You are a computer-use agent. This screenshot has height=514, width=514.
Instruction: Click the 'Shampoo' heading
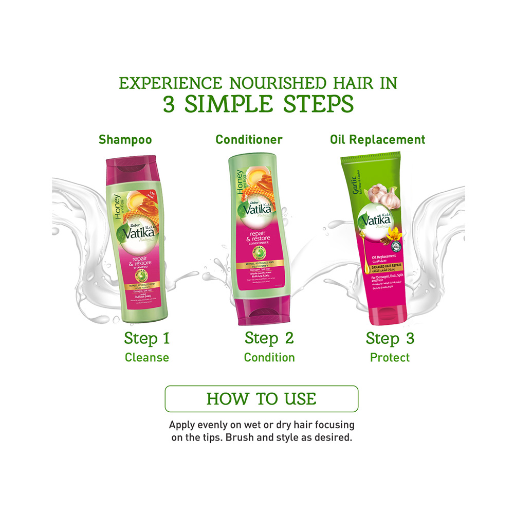click(125, 139)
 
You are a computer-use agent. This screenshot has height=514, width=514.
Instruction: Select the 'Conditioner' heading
click(249, 139)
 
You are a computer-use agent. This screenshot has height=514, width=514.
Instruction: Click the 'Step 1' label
click(146, 339)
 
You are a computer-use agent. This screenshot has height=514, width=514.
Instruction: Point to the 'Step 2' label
click(269, 339)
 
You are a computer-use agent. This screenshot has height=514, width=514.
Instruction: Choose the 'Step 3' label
click(390, 339)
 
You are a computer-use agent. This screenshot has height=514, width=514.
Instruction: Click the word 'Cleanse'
click(146, 358)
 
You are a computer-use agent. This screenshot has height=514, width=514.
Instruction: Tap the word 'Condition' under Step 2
click(269, 358)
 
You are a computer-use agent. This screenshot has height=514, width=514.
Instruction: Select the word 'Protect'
click(390, 358)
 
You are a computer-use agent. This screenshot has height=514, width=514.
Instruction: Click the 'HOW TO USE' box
click(261, 399)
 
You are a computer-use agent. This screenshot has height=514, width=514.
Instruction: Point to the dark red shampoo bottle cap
click(129, 173)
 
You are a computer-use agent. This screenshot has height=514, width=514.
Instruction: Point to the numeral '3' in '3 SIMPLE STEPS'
click(170, 105)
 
